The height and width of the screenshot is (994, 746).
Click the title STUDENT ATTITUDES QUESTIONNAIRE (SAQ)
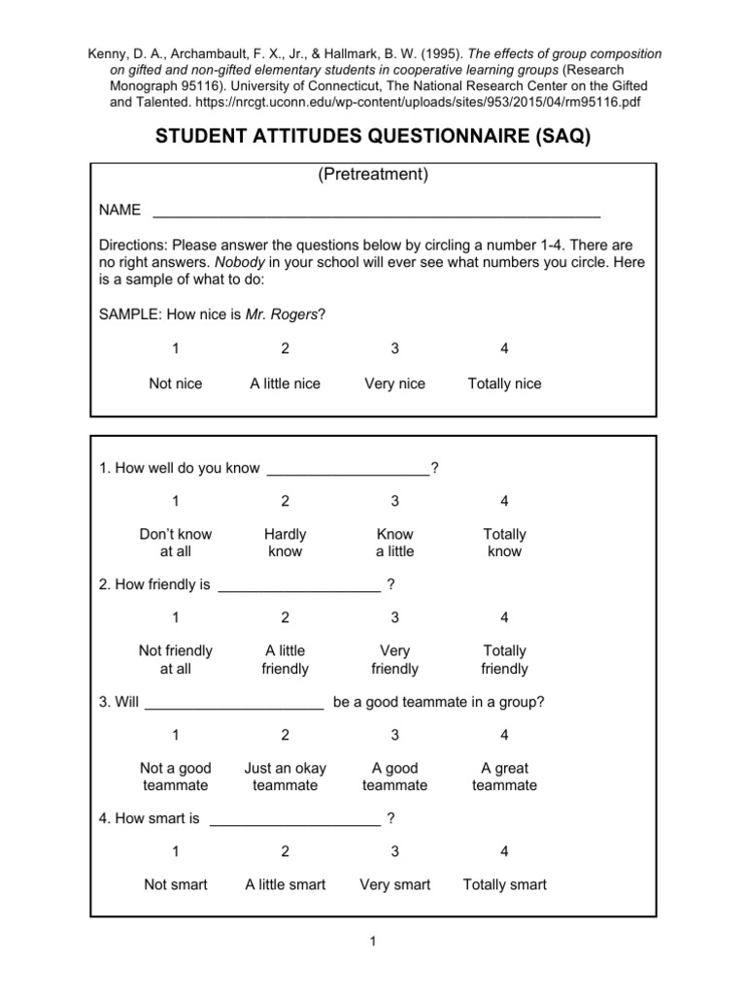[373, 137]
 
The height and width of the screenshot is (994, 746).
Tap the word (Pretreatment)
[373, 176]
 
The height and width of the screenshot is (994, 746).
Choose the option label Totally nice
[504, 383]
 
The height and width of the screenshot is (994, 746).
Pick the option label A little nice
[285, 383]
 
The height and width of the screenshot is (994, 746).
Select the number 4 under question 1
[504, 501]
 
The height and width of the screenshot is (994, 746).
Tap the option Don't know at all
[176, 543]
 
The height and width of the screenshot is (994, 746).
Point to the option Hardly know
[285, 543]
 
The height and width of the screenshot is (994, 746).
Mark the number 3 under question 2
[394, 617]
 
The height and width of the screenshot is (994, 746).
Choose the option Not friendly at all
[176, 659]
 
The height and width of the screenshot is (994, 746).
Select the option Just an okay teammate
[285, 777]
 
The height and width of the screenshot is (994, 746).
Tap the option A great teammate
[504, 777]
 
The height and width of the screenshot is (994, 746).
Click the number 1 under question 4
[176, 851]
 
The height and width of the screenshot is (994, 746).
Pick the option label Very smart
[394, 884]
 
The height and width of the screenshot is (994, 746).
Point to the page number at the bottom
[373, 941]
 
